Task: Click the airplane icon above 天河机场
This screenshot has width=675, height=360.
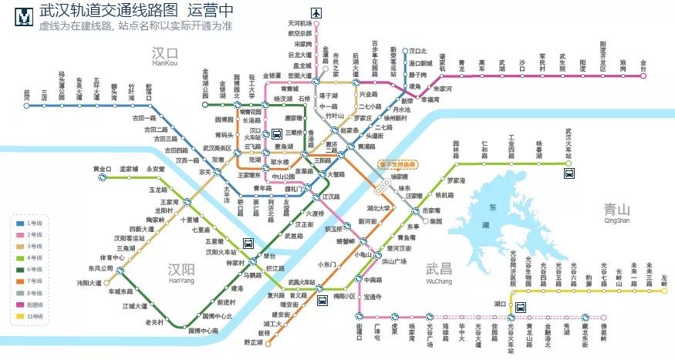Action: coord(316,12)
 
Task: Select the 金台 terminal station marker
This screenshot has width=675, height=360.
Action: coord(643,76)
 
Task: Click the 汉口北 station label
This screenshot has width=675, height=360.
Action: coord(418,49)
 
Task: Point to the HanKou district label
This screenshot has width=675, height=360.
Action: coord(164,65)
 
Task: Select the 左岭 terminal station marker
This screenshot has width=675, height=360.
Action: coord(664,293)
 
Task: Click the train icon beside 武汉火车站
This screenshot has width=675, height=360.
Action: coord(569,173)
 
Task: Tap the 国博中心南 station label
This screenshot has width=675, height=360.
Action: coord(203,331)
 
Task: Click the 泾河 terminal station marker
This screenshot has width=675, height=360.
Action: coord(27,106)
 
